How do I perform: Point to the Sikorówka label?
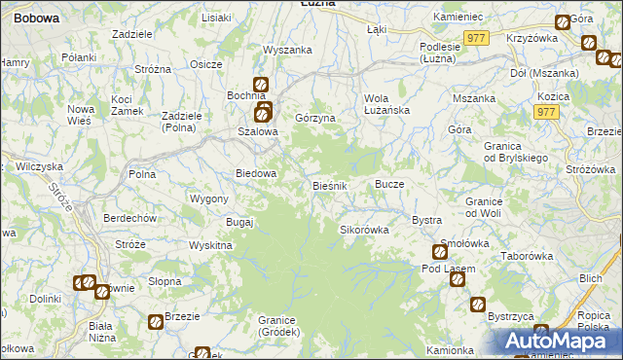(x=364, y=231)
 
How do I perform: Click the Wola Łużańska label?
(x=386, y=104)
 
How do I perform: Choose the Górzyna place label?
(x=315, y=118)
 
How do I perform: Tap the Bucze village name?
(x=389, y=184)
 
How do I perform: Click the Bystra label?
(x=427, y=220)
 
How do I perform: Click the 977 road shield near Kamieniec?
(x=475, y=37)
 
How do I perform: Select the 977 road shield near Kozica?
(x=545, y=113)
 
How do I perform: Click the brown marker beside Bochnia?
(x=261, y=85)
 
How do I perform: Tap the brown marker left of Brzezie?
(x=155, y=321)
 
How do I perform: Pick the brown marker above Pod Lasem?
(x=438, y=252)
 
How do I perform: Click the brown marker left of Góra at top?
(x=563, y=22)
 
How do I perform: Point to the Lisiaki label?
(x=216, y=18)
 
